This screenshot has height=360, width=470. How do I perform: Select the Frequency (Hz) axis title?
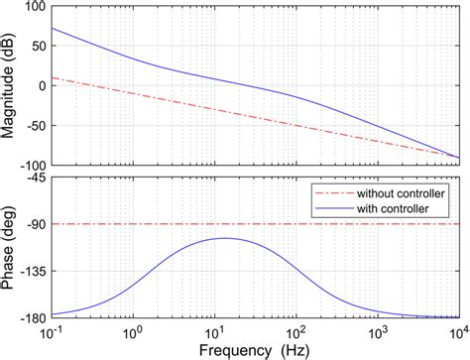tap(254, 350)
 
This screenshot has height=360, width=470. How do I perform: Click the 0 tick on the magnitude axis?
tap(40, 85)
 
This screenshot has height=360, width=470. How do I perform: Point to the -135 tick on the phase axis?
tap(30, 270)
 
